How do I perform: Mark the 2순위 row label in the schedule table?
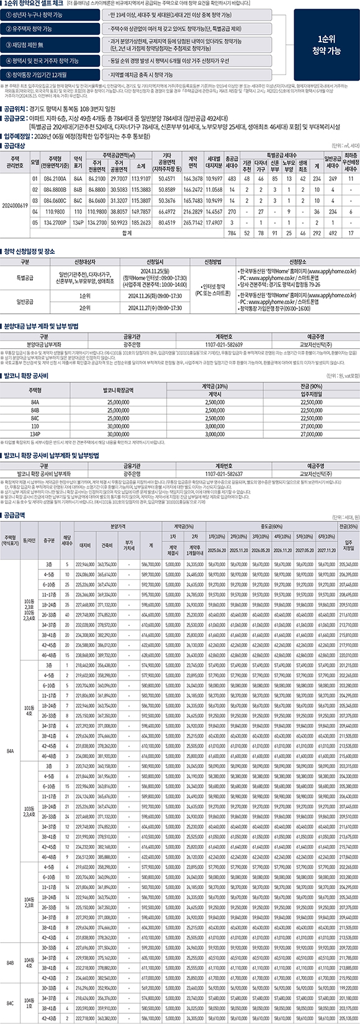click(85, 307)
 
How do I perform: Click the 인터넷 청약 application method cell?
click(210, 287)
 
